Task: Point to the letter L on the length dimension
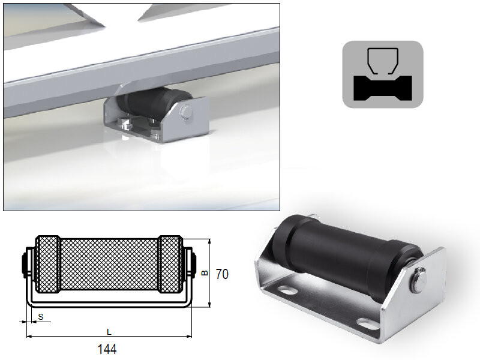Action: point(108,331)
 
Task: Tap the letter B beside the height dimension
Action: point(204,274)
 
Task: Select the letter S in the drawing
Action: point(40,315)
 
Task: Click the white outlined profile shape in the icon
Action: point(383,60)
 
